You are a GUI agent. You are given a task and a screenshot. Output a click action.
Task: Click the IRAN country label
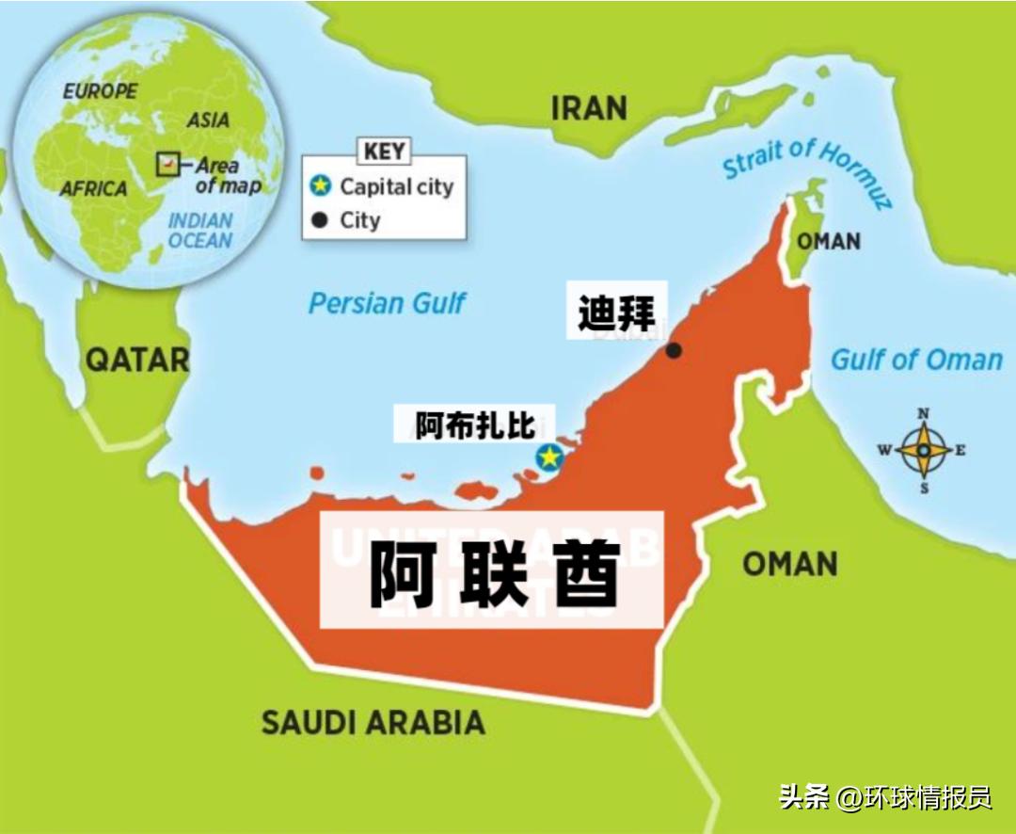point(589,108)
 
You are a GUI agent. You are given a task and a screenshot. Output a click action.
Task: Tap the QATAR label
point(137,359)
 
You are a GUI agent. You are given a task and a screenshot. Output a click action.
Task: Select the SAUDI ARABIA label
point(373,723)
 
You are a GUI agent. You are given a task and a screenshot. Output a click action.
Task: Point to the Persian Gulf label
point(387,303)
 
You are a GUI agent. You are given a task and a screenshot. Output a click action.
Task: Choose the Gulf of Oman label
point(916,360)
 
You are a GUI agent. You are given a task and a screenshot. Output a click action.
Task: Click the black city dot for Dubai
point(674,351)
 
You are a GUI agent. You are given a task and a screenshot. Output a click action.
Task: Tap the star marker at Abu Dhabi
point(548,457)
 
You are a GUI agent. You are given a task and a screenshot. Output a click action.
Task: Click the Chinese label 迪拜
point(616,311)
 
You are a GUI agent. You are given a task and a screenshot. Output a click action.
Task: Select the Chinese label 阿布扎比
point(475,426)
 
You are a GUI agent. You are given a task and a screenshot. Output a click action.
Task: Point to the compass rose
point(924,451)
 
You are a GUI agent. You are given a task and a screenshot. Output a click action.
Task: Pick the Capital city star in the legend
point(321,186)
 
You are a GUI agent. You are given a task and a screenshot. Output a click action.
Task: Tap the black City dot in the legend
point(320,220)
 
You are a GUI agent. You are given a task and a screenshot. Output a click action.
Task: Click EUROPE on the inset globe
point(99,91)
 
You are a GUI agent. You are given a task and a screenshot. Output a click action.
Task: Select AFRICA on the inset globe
point(93,189)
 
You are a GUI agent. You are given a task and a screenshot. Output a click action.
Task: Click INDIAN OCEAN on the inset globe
point(200,231)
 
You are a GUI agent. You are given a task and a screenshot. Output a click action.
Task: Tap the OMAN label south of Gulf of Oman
point(789,564)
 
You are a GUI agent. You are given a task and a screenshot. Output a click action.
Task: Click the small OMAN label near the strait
point(829,242)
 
